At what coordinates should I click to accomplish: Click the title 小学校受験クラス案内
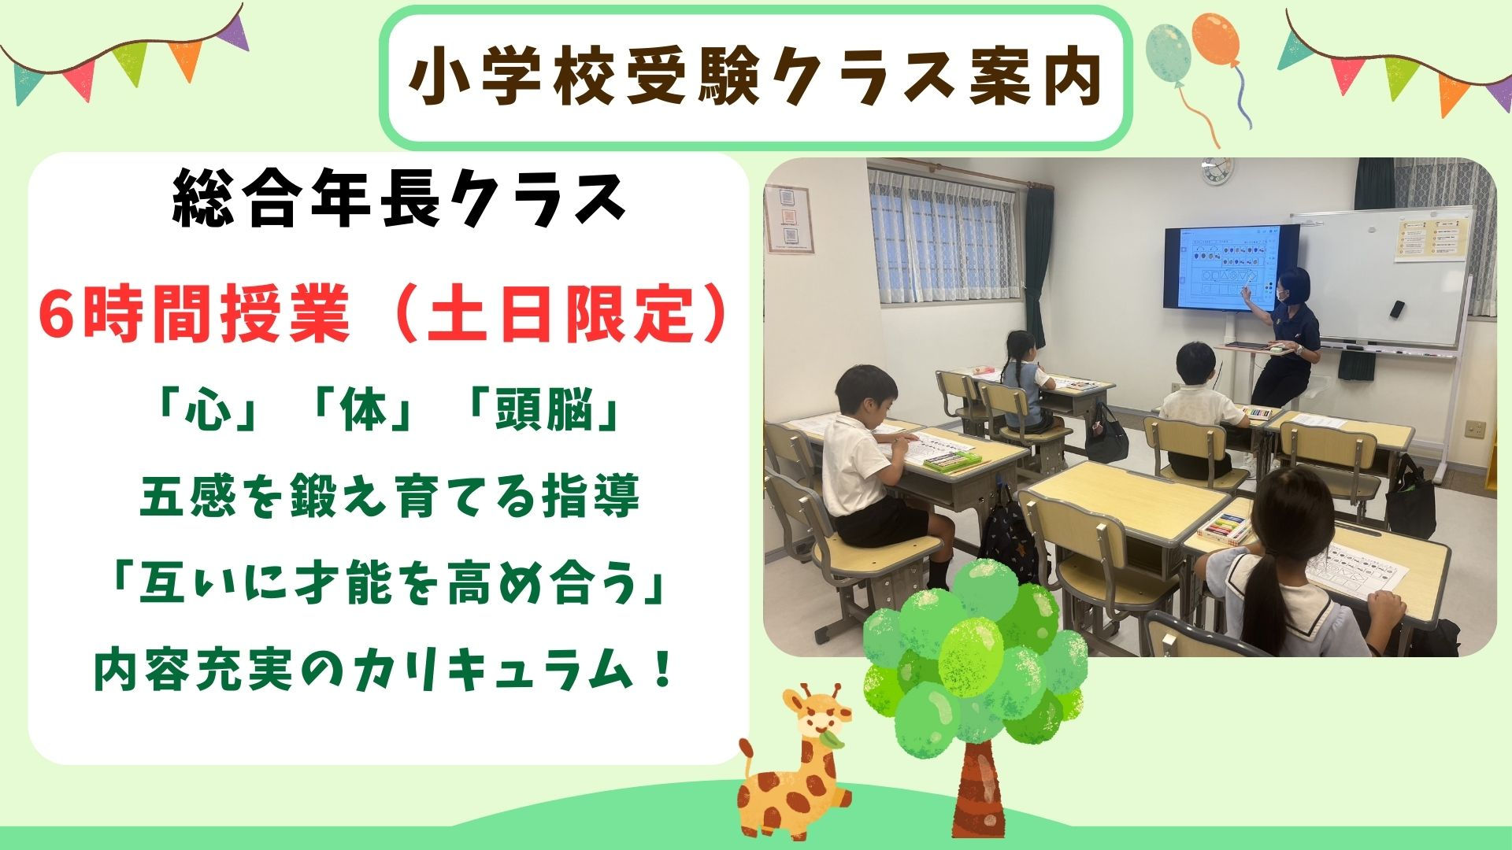[756, 78]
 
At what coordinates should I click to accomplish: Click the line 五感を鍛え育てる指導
[390, 497]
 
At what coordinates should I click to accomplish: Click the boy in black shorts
[874, 472]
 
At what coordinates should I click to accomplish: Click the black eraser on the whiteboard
[1396, 309]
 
